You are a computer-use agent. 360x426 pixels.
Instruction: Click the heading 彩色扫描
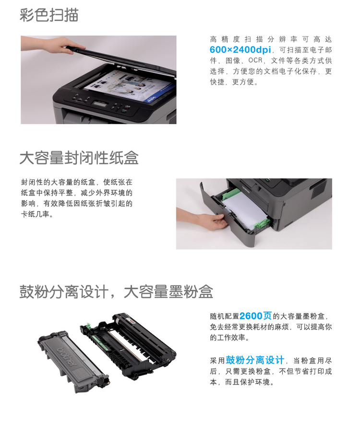click(x=49, y=15)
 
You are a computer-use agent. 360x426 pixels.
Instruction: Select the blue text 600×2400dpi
click(x=240, y=49)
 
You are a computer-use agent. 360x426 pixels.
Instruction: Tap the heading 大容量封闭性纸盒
click(x=79, y=158)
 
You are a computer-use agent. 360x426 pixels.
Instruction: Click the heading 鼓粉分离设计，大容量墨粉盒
click(x=116, y=292)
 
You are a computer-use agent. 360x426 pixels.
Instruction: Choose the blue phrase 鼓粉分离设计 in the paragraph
click(x=255, y=360)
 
